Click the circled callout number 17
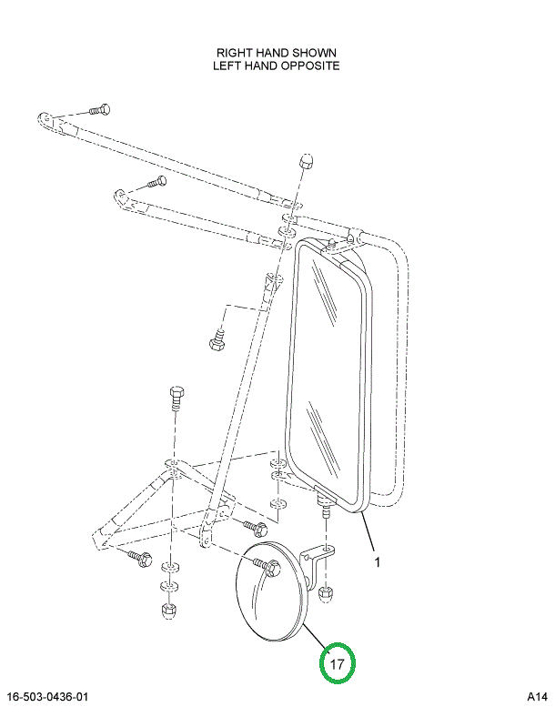coord(337,664)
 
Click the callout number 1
coord(377,561)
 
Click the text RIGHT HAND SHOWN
coord(277,53)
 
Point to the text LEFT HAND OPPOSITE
coord(277,66)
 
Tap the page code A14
coord(537,697)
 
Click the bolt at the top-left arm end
coord(98,109)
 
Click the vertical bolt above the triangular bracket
coord(177,397)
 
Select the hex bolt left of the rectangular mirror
coord(217,341)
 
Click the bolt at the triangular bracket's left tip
coord(138,555)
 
